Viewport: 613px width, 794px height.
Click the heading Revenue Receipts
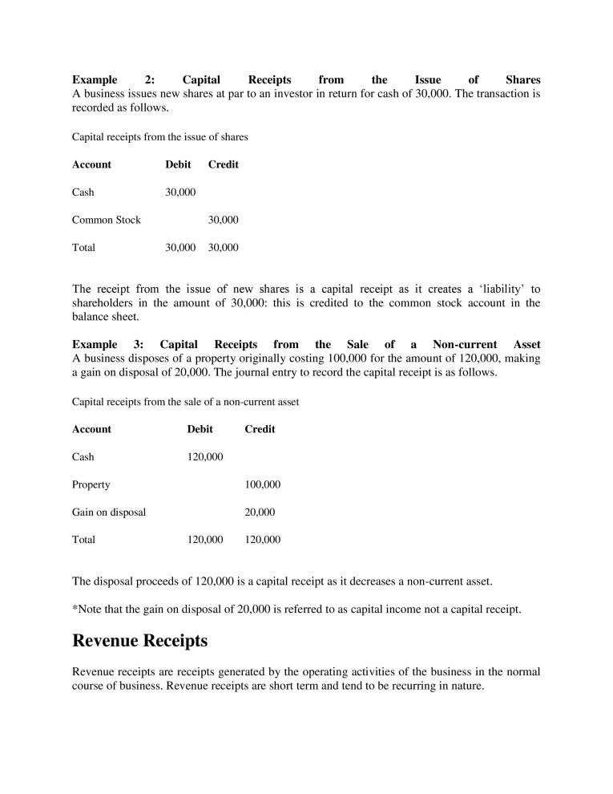pos(139,641)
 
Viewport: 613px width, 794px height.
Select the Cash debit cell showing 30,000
pos(180,192)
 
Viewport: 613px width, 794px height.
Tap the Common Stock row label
pos(106,220)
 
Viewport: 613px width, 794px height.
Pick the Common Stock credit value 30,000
pos(223,220)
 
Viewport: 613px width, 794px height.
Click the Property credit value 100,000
pos(262,484)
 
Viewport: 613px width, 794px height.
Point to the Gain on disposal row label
pos(109,512)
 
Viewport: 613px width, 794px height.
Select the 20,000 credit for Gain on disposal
pos(260,512)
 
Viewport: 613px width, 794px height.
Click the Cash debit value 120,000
pos(205,457)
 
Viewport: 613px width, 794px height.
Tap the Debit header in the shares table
pos(178,164)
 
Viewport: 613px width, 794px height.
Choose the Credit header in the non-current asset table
pos(260,429)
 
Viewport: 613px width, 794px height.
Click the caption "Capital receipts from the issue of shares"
pos(160,137)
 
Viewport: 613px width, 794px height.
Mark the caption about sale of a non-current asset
pos(186,401)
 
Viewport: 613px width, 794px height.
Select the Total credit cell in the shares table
pos(223,248)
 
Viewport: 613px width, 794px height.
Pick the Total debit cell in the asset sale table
pos(205,540)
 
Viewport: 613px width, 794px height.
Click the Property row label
pos(91,484)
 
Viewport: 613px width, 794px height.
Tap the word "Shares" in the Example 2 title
pos(523,80)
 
